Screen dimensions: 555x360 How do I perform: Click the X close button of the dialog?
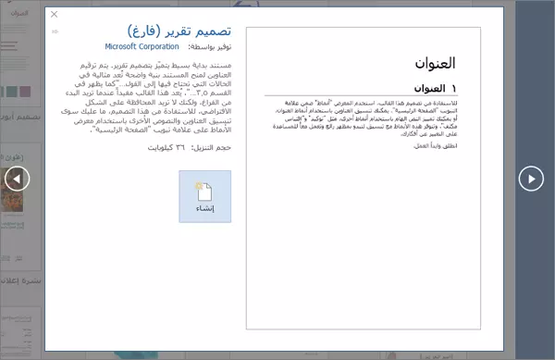[x=54, y=15]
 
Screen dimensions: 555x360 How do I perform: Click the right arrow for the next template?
[x=531, y=179]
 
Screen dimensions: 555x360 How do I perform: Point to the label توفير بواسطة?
[x=209, y=46]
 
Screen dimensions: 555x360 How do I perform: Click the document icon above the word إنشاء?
[x=205, y=191]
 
